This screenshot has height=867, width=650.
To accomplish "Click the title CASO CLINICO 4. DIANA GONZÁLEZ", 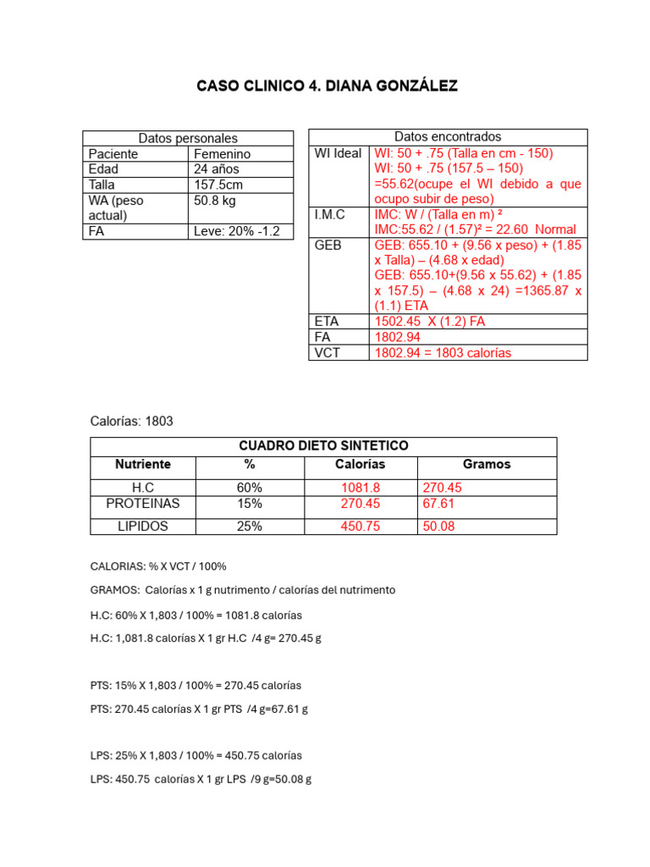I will [327, 86].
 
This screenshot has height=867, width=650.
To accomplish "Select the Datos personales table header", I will [188, 138].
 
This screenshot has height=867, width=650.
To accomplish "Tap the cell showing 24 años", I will [217, 169].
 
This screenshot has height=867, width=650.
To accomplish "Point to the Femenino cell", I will [223, 154].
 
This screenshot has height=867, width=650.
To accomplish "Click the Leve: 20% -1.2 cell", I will [237, 231].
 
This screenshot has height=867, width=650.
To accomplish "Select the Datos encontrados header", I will [448, 136].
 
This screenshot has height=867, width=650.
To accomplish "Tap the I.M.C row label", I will [329, 214].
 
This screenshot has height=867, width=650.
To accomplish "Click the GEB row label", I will [328, 245].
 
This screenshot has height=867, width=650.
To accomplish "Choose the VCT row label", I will [327, 352].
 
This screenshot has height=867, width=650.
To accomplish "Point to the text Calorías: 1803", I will [131, 421].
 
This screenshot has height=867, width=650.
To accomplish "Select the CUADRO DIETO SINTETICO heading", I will [323, 445].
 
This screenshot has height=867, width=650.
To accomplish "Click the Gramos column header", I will [487, 464].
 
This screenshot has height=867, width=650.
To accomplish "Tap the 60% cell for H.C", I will [250, 488].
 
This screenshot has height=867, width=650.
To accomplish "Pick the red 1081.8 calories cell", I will [361, 488].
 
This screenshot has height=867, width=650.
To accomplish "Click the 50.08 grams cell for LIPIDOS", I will [438, 527].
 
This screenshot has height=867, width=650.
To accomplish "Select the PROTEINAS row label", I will [143, 504].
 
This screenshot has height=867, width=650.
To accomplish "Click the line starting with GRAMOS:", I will [242, 589].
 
